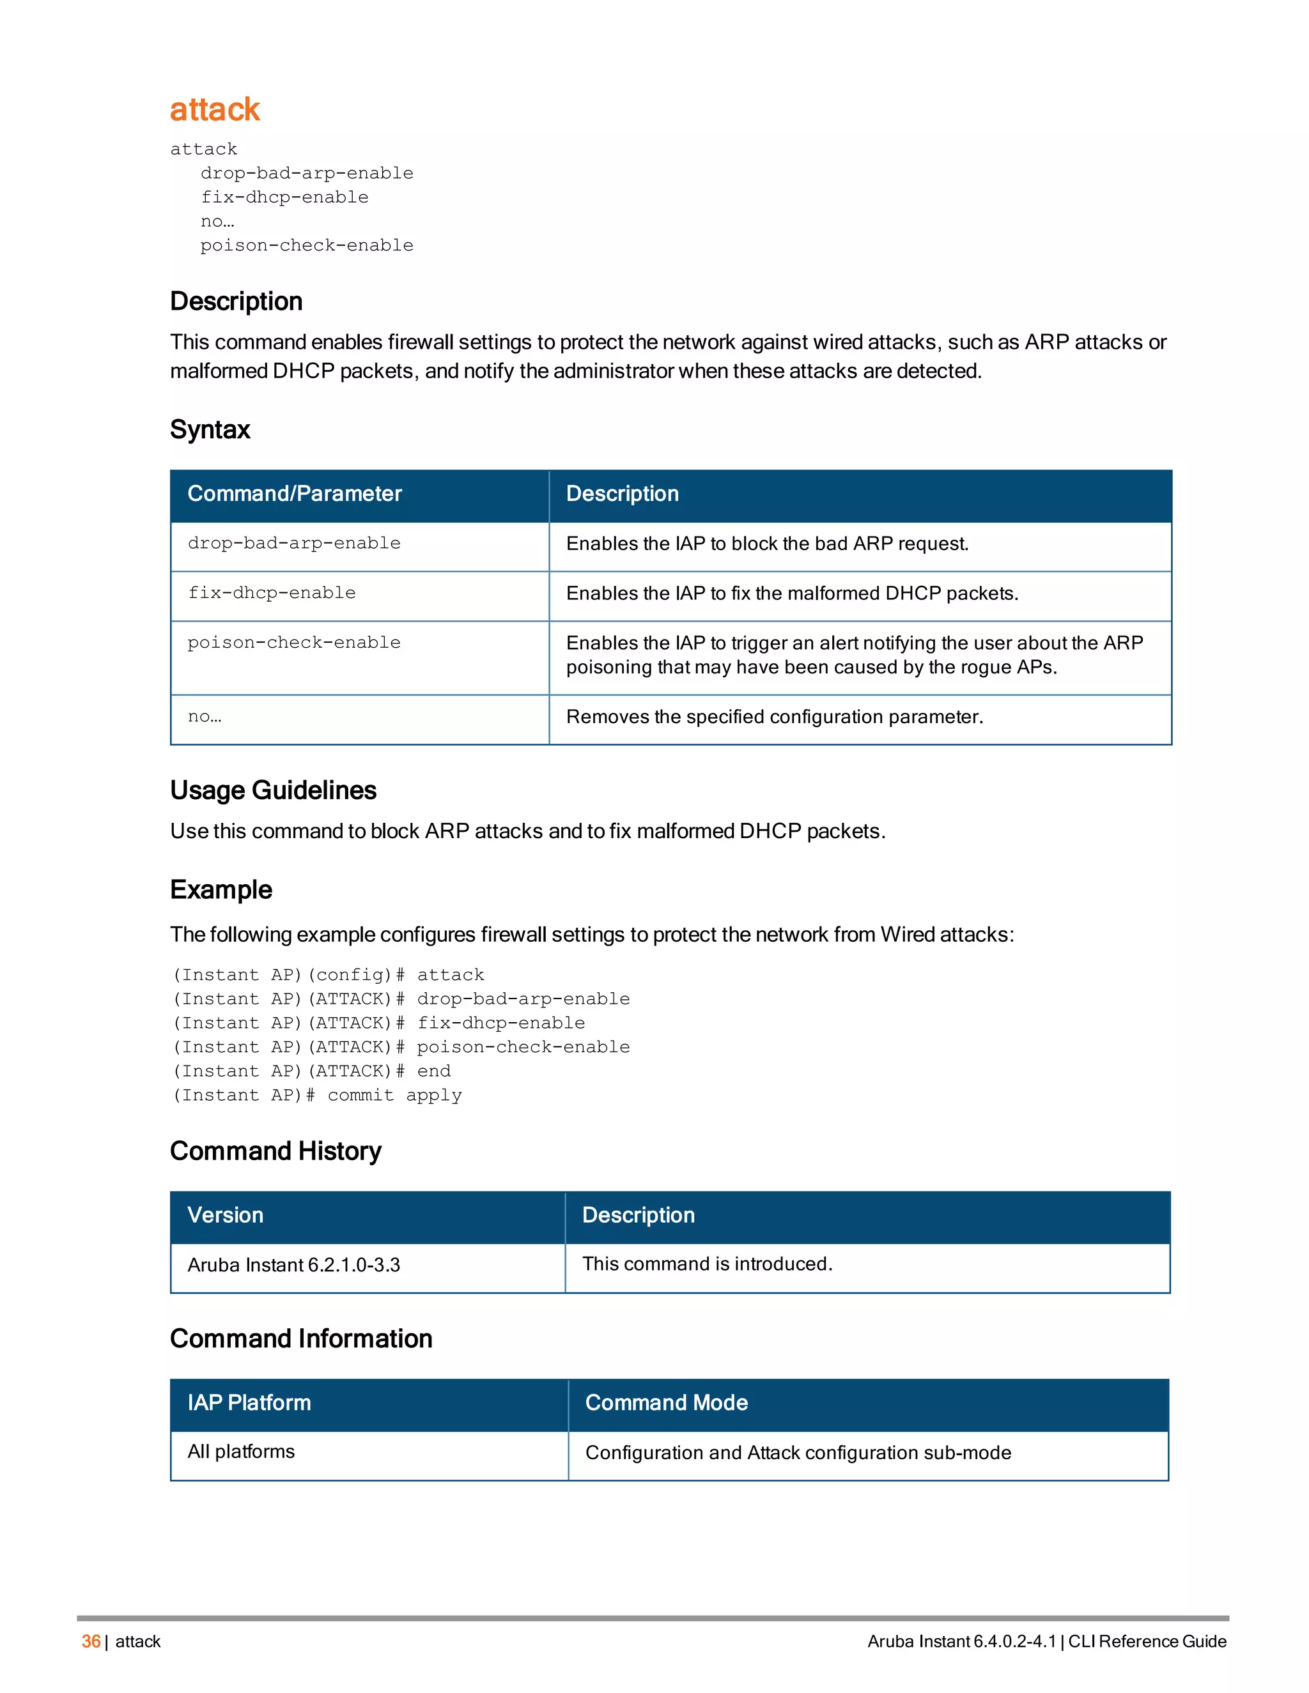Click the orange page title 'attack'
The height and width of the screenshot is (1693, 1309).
pos(215,109)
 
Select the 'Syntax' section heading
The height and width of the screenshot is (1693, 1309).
pos(210,429)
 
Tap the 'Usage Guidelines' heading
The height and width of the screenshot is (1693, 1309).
pos(273,790)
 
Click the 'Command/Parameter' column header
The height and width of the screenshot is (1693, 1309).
pos(295,494)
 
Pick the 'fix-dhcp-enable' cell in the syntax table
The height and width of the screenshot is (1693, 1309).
pos(272,593)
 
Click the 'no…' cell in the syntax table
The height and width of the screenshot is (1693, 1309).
pos(205,717)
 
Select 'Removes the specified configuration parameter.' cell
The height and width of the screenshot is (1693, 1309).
pos(775,717)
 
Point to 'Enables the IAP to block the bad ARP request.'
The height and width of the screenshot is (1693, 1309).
pos(768,544)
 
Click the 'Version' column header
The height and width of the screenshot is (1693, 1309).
pos(226,1214)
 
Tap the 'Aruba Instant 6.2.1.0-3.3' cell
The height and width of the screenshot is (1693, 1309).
pos(294,1265)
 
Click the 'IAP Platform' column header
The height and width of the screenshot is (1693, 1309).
pos(249,1402)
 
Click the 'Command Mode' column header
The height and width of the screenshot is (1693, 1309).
pos(666,1402)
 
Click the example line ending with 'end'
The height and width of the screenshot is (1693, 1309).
pos(311,1071)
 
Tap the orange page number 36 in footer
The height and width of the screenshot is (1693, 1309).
pos(91,1641)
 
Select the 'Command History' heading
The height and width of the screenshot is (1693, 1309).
pos(275,1151)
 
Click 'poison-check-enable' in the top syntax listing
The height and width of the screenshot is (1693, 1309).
pos(306,246)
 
